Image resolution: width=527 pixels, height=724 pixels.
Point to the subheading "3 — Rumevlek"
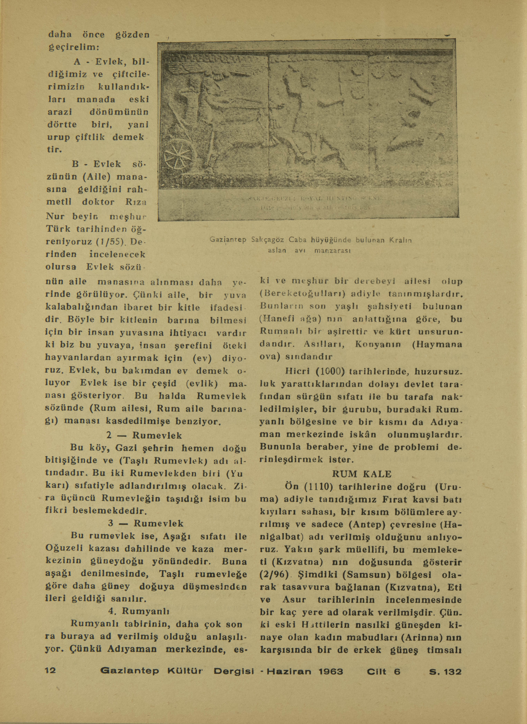[146, 523]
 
